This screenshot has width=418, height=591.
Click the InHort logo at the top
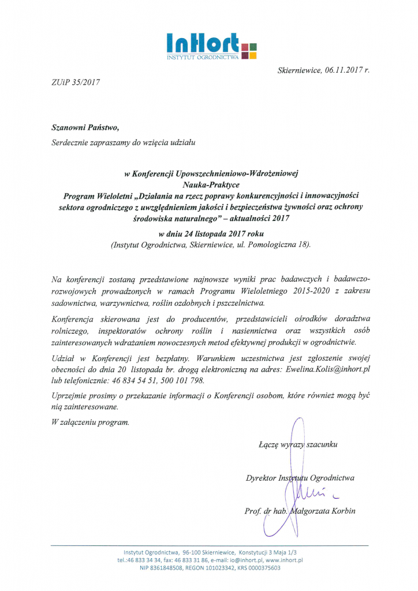[210, 46]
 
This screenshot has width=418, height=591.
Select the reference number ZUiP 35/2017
[76, 82]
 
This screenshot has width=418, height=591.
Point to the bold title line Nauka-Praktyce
[210, 185]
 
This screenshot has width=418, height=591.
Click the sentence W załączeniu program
[90, 422]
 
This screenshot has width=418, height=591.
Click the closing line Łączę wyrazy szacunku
[298, 445]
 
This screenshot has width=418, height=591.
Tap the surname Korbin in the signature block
[342, 511]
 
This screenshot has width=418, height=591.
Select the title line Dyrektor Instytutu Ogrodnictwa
[300, 478]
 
